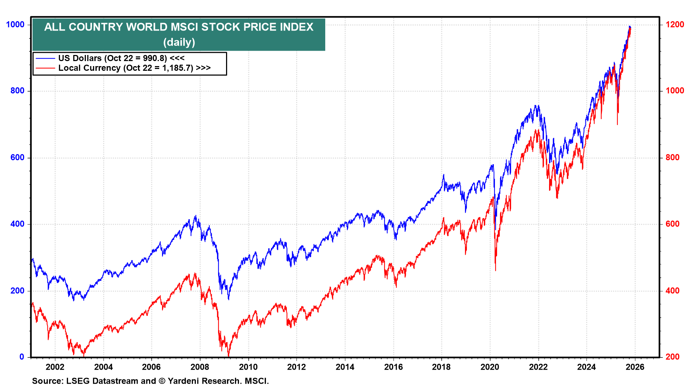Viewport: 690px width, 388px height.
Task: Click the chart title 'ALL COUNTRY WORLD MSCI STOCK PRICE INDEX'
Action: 179,27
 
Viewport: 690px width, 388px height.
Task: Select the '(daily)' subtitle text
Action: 179,42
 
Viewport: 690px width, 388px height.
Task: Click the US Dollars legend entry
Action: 121,58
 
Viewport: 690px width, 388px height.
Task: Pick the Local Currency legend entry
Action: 134,68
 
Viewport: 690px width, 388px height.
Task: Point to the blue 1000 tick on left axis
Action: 15,24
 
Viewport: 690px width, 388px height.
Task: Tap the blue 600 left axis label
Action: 18,157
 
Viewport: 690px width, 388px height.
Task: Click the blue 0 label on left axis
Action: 22,357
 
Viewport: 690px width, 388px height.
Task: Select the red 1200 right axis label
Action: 675,24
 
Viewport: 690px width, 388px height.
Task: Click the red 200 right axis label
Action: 672,357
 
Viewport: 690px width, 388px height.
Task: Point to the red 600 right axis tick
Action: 672,224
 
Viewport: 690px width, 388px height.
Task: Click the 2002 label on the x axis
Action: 55,367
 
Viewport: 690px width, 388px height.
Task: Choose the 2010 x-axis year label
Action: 248,367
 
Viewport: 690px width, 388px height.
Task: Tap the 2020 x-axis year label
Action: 490,367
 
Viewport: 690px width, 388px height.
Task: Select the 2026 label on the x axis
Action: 635,367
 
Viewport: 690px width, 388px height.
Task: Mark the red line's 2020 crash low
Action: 496,271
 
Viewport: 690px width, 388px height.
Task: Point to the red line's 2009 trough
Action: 229,356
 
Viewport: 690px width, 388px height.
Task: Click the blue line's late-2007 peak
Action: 195,216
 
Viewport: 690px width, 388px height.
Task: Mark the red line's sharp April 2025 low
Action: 617,125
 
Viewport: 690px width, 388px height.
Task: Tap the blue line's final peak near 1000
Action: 629,26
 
